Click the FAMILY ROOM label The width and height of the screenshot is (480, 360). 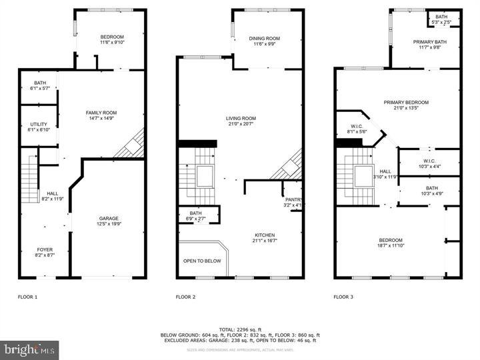(101, 113)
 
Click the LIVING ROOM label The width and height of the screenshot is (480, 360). (241, 119)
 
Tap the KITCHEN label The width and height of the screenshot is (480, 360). (265, 235)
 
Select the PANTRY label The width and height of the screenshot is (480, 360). (294, 199)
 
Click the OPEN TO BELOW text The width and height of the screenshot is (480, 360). (202, 261)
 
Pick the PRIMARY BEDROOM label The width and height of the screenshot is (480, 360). (405, 102)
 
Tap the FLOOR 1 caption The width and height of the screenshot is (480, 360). (27, 297)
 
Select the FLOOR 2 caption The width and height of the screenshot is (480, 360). (186, 297)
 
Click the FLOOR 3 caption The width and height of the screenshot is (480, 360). (345, 297)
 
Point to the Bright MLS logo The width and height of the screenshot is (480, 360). (29, 349)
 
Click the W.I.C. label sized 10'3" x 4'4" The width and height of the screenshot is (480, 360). (429, 160)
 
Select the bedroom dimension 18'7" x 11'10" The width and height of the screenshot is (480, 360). (391, 246)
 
